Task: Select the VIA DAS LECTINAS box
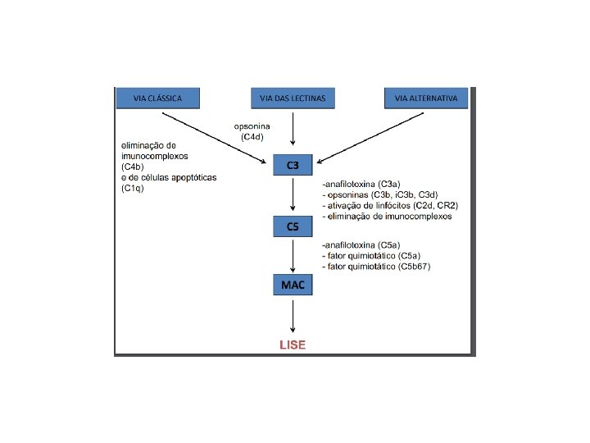tap(293, 98)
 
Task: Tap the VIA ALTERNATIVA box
tap(426, 98)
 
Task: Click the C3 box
tap(293, 166)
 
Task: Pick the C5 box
tap(293, 226)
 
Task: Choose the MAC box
tap(293, 285)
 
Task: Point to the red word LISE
tap(293, 345)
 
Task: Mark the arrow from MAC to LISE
tap(293, 316)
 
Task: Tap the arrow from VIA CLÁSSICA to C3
tap(213, 135)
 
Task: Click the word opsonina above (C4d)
tap(252, 126)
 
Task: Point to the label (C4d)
tap(252, 137)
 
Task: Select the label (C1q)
tap(133, 188)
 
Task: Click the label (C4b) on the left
tap(134, 167)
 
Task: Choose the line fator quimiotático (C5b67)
tap(377, 267)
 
